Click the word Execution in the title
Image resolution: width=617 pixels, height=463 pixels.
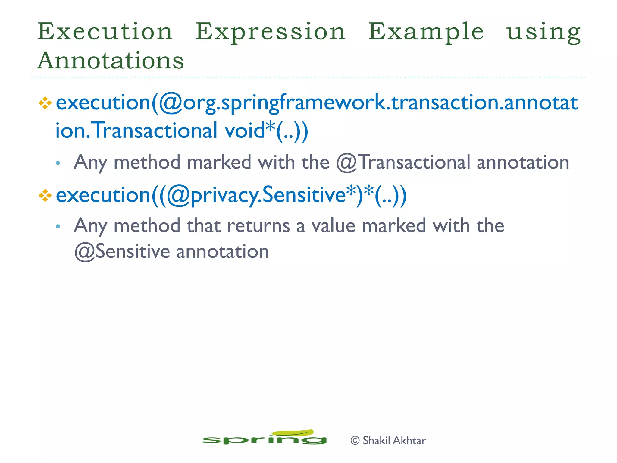[x=105, y=32]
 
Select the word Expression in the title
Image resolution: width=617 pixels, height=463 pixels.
[x=271, y=32]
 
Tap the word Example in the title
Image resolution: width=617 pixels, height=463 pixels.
[x=426, y=32]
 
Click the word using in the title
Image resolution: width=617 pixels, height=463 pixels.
[x=543, y=32]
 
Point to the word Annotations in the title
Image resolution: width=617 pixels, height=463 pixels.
[x=111, y=60]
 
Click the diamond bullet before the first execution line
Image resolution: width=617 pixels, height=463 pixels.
[x=45, y=103]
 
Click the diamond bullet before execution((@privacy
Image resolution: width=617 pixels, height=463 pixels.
[x=45, y=196]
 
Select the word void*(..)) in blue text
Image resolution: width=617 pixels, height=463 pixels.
[x=266, y=131]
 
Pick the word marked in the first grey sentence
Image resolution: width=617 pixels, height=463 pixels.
[x=219, y=162]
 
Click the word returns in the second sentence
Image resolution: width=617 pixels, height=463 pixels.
[x=258, y=226]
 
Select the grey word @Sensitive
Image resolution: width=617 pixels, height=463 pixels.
[x=122, y=252]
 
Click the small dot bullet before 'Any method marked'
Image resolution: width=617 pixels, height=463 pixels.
[x=58, y=163]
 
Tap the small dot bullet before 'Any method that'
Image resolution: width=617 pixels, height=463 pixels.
[x=58, y=226]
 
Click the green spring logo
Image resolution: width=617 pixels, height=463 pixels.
[x=264, y=437]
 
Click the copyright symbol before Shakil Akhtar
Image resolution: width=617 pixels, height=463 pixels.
[x=355, y=441]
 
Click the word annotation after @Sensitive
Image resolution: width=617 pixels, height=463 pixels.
[x=222, y=252]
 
